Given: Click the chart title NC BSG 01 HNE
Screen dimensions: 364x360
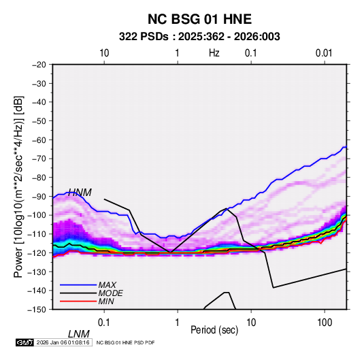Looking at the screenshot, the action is point(199,19).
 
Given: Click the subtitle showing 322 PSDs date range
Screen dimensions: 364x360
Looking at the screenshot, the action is point(199,37).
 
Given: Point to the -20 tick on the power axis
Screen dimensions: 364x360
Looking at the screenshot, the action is point(39,65).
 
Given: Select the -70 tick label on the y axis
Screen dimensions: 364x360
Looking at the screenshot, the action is point(39,159).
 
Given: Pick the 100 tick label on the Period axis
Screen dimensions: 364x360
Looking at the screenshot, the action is point(325,323).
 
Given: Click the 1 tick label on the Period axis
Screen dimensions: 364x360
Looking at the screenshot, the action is point(178,323).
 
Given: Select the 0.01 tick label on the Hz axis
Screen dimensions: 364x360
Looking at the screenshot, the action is point(324,53).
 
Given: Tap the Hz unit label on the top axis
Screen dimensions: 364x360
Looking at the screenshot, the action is point(214,53).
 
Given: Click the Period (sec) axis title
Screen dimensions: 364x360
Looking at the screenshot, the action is point(214,330).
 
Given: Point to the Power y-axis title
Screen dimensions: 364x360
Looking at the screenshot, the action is point(18,186).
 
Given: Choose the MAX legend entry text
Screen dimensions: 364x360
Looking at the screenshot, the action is point(107,285).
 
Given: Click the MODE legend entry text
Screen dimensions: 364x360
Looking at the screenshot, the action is point(110,293).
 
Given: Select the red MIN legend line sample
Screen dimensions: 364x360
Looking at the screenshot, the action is point(78,301).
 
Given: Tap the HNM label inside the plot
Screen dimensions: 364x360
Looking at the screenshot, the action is point(80,193).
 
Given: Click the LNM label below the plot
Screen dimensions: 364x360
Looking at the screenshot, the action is point(79,334).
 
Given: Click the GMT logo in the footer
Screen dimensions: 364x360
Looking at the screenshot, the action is point(25,342).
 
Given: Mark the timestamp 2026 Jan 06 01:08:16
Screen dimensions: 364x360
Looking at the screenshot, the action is point(63,342).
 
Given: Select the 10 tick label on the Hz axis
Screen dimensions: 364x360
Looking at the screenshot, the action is point(104,53).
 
